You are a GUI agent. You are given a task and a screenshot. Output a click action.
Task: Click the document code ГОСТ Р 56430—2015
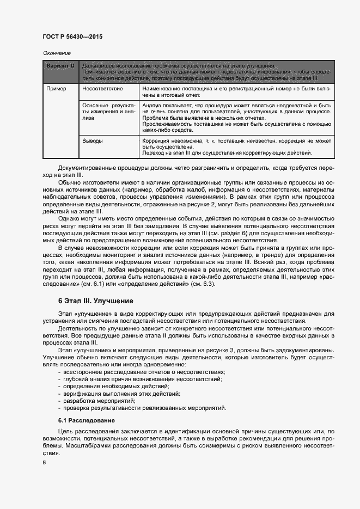click(72, 37)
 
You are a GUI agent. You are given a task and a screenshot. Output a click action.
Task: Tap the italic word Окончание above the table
click(57, 53)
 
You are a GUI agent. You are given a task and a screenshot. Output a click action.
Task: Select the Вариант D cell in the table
click(60, 66)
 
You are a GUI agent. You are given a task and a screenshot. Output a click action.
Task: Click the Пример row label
click(56, 88)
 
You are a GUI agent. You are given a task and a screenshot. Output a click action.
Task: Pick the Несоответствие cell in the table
click(102, 88)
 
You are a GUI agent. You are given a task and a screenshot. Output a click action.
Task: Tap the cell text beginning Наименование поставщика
click(236, 90)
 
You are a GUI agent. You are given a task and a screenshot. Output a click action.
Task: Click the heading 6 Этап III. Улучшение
click(95, 301)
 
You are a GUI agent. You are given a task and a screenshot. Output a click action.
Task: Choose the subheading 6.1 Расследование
click(86, 421)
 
